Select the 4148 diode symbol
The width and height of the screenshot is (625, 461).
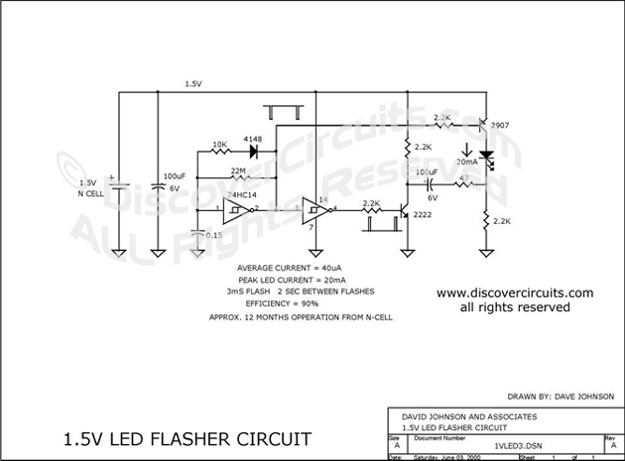(254, 153)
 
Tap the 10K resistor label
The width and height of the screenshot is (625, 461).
(219, 145)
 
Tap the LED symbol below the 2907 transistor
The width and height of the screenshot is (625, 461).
(485, 159)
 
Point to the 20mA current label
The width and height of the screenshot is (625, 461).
(465, 161)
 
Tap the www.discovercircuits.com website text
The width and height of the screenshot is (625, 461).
(514, 293)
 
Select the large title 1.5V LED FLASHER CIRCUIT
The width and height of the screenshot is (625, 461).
(187, 437)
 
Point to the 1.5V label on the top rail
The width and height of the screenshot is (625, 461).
(193, 85)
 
